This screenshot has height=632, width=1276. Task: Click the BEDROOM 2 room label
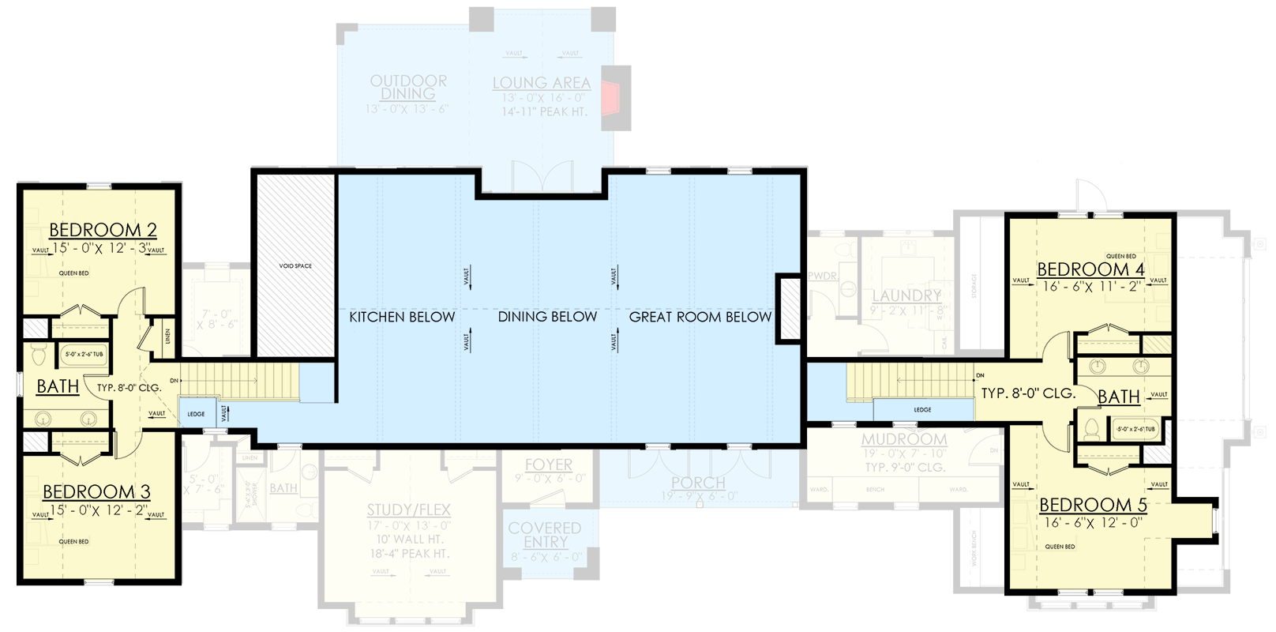tap(103, 230)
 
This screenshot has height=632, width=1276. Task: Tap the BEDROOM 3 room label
tap(96, 491)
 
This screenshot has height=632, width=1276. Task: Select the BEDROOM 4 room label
tap(1090, 269)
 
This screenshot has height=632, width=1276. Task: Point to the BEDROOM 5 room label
tap(1093, 504)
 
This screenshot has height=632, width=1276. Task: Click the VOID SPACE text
tap(295, 266)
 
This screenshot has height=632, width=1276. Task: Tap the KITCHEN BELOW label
tap(402, 317)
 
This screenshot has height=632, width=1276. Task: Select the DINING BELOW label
tap(547, 317)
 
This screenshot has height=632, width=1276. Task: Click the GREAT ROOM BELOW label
tap(700, 317)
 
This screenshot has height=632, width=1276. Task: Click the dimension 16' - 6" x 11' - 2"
tap(1091, 286)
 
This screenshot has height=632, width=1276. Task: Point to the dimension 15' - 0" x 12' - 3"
tap(100, 248)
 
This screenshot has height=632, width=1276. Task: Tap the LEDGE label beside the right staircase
tap(922, 410)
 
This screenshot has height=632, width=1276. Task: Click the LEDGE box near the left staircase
tap(196, 414)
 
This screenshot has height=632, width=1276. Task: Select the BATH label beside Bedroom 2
tap(58, 386)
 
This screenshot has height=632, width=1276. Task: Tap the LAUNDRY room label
tap(906, 295)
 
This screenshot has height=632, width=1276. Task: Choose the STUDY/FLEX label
tap(409, 510)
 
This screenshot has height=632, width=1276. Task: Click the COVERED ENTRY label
tap(545, 534)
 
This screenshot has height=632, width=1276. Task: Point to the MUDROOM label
tap(904, 438)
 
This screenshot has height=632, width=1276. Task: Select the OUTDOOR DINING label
tap(408, 87)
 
